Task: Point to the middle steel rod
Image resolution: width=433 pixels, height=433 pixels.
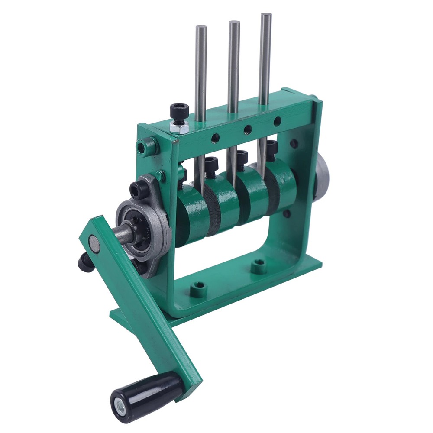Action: tap(234, 65)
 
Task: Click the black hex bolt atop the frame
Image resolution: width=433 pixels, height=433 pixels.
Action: tap(179, 112)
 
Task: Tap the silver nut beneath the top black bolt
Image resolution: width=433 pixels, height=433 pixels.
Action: tap(178, 127)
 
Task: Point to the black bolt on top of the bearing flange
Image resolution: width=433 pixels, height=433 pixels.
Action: tap(139, 189)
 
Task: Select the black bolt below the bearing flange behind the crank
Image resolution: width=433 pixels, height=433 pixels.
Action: tap(86, 262)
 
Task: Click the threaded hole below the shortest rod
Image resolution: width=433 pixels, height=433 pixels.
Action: tap(215, 139)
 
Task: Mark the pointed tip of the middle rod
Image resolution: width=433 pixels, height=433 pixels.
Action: tap(232, 184)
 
